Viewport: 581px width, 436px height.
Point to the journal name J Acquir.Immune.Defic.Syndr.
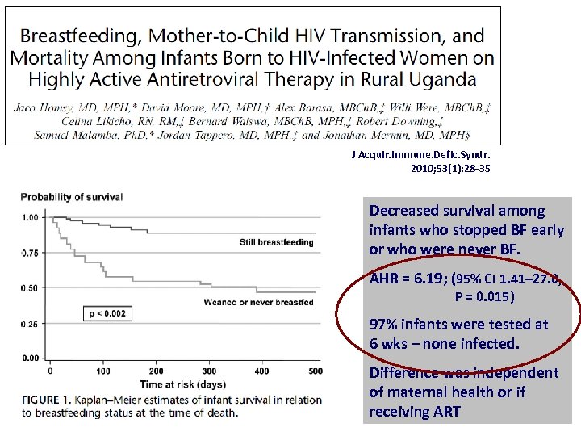coord(420,155)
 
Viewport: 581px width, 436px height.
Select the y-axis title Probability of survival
coord(72,197)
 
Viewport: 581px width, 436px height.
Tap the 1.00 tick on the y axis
coord(31,217)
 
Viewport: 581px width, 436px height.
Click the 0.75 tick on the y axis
coord(31,253)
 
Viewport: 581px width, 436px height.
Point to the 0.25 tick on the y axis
coord(31,324)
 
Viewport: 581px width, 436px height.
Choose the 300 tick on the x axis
coord(209,371)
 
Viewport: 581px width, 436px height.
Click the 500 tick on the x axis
coord(315,371)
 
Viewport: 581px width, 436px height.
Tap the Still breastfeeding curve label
coord(276,242)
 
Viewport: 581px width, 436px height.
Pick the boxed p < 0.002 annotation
coord(107,313)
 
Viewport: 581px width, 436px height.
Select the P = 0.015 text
coord(484,296)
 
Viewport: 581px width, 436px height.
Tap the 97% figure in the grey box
coord(385,325)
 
